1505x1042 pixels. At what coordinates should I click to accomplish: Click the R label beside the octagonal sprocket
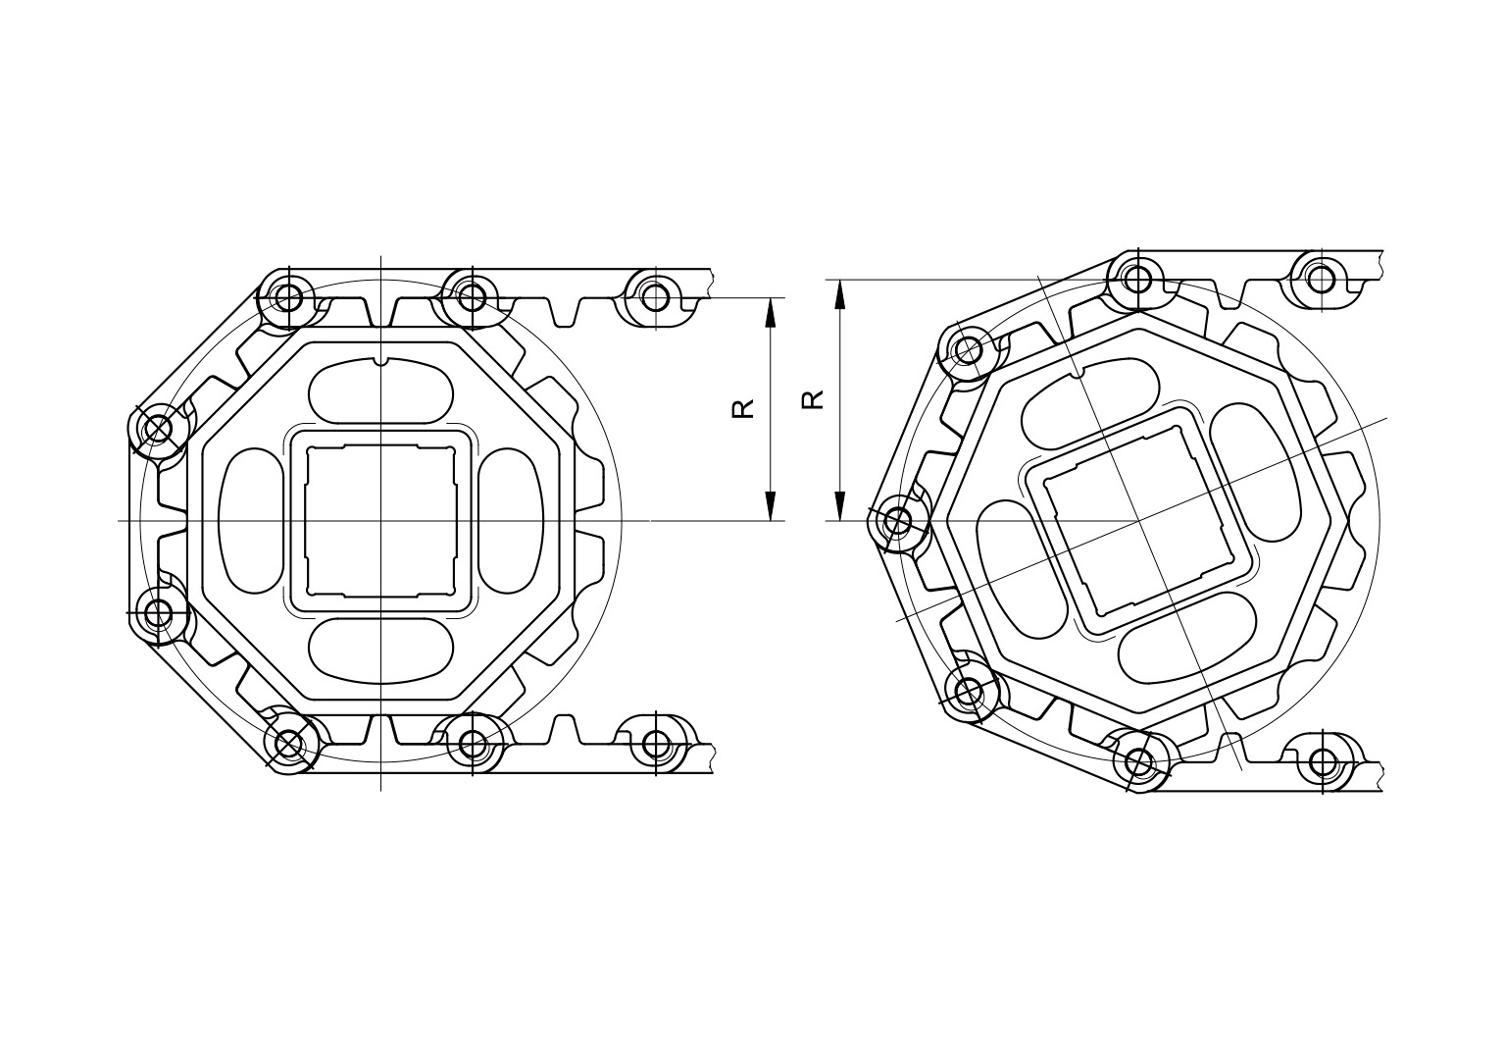743,407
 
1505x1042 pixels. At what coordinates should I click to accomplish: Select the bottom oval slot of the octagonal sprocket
381,650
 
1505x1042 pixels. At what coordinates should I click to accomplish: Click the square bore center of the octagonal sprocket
381,520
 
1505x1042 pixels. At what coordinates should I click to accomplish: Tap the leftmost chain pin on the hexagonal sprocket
897,521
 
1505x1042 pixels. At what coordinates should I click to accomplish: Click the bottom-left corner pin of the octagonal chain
289,745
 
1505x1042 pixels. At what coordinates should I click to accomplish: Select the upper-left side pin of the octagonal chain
157,428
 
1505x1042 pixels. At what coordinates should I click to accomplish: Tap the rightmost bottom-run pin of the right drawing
1323,760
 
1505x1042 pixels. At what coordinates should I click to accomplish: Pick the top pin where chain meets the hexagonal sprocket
1137,279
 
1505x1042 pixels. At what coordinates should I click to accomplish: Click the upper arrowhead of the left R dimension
771,313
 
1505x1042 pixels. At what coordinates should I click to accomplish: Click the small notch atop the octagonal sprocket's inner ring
381,360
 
